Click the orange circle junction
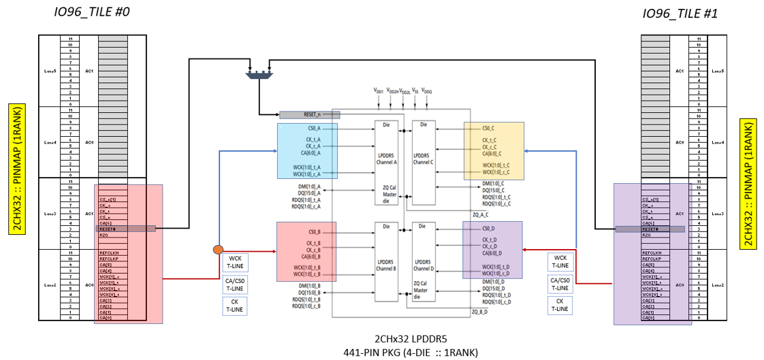coord(219,250)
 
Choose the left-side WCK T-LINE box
coord(235,263)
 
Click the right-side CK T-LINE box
coord(560,306)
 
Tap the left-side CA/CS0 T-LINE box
coord(235,284)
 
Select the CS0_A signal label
coord(313,128)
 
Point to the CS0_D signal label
coord(490,228)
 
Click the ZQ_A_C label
coord(481,213)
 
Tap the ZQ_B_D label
coord(481,312)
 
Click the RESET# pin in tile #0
coord(107,229)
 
